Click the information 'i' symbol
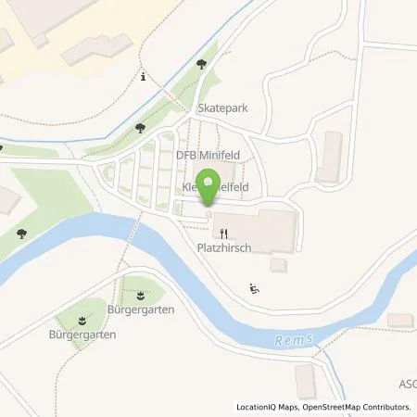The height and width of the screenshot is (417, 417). tap(143, 78)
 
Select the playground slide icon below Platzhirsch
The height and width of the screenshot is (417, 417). tap(255, 289)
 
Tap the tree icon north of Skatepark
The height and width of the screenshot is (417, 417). tap(202, 64)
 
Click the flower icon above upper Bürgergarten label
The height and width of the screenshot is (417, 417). tap(140, 295)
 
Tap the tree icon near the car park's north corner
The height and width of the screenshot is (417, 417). tap(140, 129)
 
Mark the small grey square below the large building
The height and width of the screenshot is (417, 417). tap(277, 265)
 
